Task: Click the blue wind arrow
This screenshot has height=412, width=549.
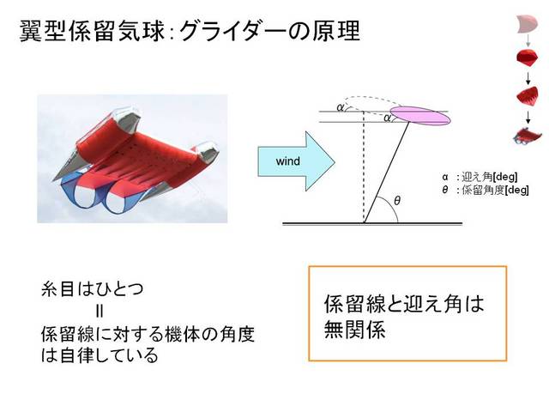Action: pyautogui.click(x=296, y=161)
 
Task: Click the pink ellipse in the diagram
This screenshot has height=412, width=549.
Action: pyautogui.click(x=420, y=116)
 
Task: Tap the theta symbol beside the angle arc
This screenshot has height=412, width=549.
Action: pyautogui.click(x=396, y=201)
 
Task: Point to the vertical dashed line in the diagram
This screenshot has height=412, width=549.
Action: pyautogui.click(x=364, y=167)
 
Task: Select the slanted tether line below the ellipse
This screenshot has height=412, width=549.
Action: pyautogui.click(x=387, y=172)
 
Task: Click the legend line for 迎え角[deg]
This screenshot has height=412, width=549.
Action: pyautogui.click(x=480, y=177)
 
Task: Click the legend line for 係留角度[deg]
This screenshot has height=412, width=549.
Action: pyautogui.click(x=486, y=190)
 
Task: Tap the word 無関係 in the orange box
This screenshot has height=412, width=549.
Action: pyautogui.click(x=354, y=329)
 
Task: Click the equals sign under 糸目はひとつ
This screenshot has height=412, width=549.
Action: pyautogui.click(x=100, y=311)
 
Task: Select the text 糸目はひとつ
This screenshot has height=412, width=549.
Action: pyautogui.click(x=93, y=289)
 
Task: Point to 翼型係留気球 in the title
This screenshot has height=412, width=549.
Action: pyautogui.click(x=92, y=31)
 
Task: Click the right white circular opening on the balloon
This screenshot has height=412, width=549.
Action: pyautogui.click(x=118, y=203)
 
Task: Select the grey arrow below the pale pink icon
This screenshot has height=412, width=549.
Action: pyautogui.click(x=528, y=40)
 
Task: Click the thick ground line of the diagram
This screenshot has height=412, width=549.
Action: pyautogui.click(x=372, y=223)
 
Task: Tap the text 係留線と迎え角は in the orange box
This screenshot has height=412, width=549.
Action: pyautogui.click(x=404, y=304)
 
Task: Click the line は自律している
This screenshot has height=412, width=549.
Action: pyautogui.click(x=100, y=355)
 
